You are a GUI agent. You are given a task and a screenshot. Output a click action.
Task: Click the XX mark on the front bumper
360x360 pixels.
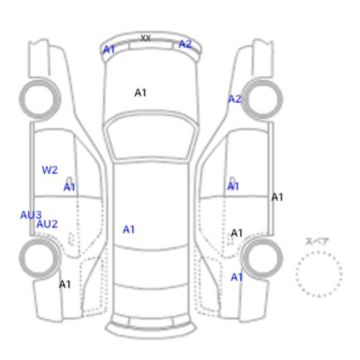pos(146,38)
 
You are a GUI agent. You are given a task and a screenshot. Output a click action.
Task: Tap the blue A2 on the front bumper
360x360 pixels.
pos(185,44)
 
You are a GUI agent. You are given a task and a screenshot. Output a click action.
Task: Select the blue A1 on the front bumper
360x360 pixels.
pos(109,49)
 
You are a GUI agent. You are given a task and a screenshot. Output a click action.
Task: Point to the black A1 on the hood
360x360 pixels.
pos(140,93)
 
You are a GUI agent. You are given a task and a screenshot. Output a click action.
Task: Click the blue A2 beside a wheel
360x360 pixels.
pos(235,99)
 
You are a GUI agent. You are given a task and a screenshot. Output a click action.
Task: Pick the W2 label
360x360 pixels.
pos(49,170)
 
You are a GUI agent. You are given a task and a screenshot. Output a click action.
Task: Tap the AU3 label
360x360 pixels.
pos(31,215)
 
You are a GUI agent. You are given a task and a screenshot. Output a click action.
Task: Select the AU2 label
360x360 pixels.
pos(47,224)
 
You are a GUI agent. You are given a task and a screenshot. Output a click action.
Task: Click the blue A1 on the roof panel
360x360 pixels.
pos(129,229)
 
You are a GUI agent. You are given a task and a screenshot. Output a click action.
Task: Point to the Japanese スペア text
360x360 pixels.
pos(317,242)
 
